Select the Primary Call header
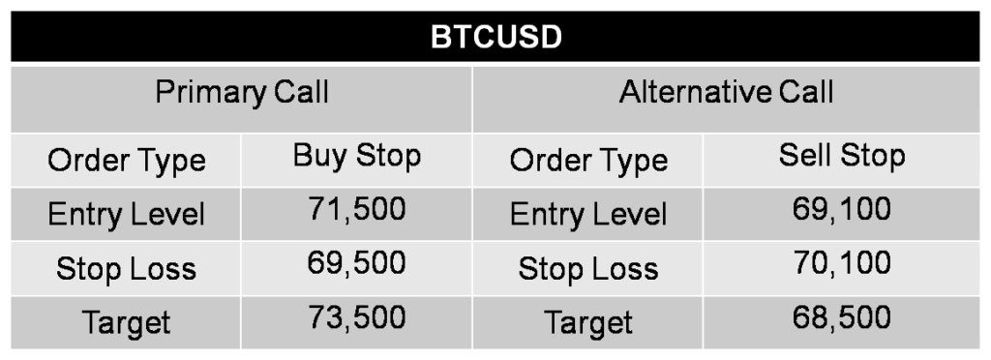(x=242, y=93)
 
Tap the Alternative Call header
(x=726, y=93)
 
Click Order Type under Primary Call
(x=127, y=160)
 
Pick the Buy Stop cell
(x=357, y=155)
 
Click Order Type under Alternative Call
(x=588, y=160)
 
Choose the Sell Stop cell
(x=842, y=155)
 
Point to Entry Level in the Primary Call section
(x=127, y=214)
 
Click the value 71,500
(x=357, y=209)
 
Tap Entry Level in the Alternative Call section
(x=588, y=214)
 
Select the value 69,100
(x=842, y=209)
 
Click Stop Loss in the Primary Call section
(x=127, y=268)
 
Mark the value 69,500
(x=357, y=263)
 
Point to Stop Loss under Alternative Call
(x=588, y=268)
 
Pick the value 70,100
(x=842, y=263)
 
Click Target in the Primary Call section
(x=127, y=322)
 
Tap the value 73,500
(x=357, y=317)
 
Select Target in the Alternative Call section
(x=588, y=322)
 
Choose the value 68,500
(x=842, y=317)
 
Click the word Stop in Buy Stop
(x=388, y=155)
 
